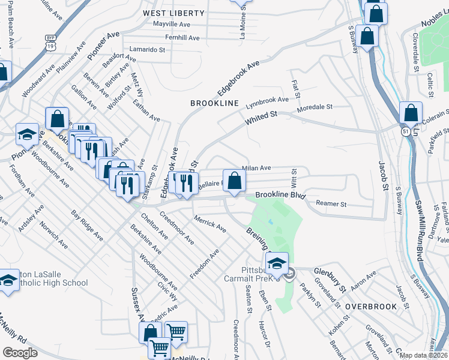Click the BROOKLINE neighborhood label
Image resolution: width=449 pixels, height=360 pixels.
[214, 103]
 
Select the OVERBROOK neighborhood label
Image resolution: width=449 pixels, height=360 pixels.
[371, 307]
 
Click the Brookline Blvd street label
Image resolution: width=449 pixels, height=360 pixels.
[281, 196]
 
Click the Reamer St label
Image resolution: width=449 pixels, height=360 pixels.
[331, 205]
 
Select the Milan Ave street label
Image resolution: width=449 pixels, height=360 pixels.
[256, 169]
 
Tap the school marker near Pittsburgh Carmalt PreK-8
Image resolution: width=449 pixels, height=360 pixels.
[277, 263]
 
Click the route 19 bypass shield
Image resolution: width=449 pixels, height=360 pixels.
[50, 43]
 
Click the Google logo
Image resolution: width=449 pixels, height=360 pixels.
[20, 353]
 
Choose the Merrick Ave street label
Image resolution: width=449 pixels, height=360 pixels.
[209, 225]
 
